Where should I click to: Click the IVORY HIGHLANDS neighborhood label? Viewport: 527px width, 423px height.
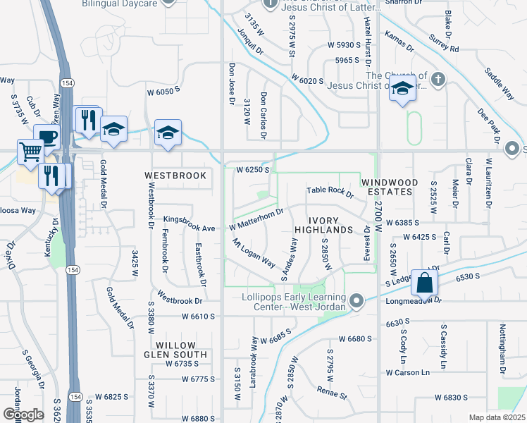323,225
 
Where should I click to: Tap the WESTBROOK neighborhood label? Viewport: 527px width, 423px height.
175,175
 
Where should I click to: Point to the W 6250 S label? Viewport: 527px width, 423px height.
253,170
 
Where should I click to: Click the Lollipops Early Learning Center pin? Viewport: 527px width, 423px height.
356,301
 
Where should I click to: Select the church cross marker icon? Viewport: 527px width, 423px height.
438,79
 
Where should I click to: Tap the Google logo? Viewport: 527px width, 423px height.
23,414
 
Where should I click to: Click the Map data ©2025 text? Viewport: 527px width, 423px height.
497,417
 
